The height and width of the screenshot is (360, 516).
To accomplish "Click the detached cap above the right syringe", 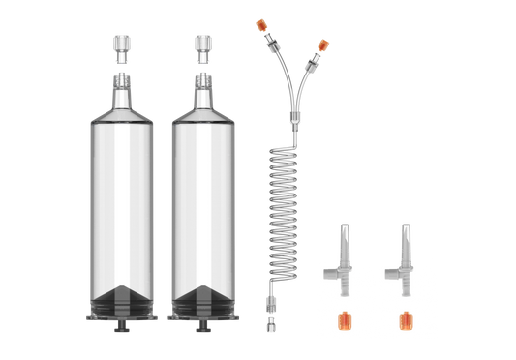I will pos(201,45).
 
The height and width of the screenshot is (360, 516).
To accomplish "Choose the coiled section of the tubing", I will pos(288,203).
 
